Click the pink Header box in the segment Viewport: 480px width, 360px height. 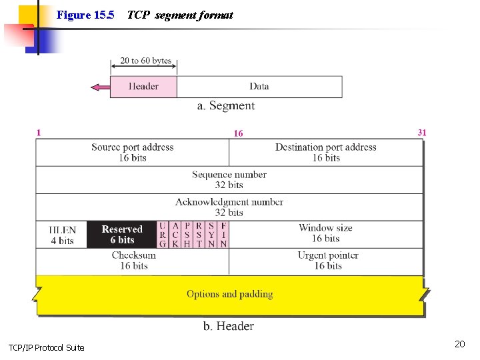click(143, 87)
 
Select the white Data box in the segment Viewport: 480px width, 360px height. click(259, 87)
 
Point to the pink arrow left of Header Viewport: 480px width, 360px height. click(100, 87)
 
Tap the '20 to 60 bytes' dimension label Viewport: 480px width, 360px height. click(145, 61)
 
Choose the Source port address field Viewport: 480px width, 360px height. click(132, 153)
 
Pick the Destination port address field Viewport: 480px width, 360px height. click(326, 153)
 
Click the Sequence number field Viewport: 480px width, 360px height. click(229, 180)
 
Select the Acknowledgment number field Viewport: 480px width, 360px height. click(229, 207)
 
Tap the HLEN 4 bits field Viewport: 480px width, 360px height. click(62, 235)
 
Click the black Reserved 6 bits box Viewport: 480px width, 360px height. click(122, 235)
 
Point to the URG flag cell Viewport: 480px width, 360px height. click(163, 235)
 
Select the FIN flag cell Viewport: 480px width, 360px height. click(223, 235)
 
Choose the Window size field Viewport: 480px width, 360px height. click(326, 233)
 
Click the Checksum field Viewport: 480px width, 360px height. click(133, 261)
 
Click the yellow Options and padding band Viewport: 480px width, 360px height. click(229, 294)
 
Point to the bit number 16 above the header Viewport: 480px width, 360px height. click(238, 134)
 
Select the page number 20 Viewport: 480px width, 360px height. click(459, 344)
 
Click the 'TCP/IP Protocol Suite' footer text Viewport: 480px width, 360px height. click(46, 347)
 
